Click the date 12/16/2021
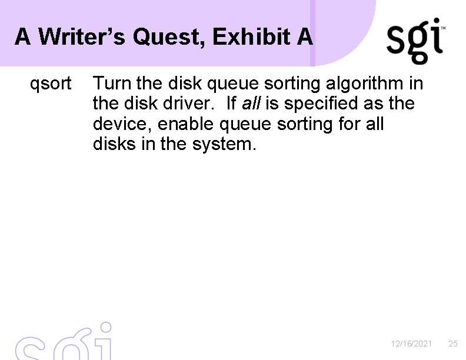412,344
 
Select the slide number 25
452,344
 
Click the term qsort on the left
51,84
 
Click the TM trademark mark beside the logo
443,28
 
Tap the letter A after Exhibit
305,38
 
